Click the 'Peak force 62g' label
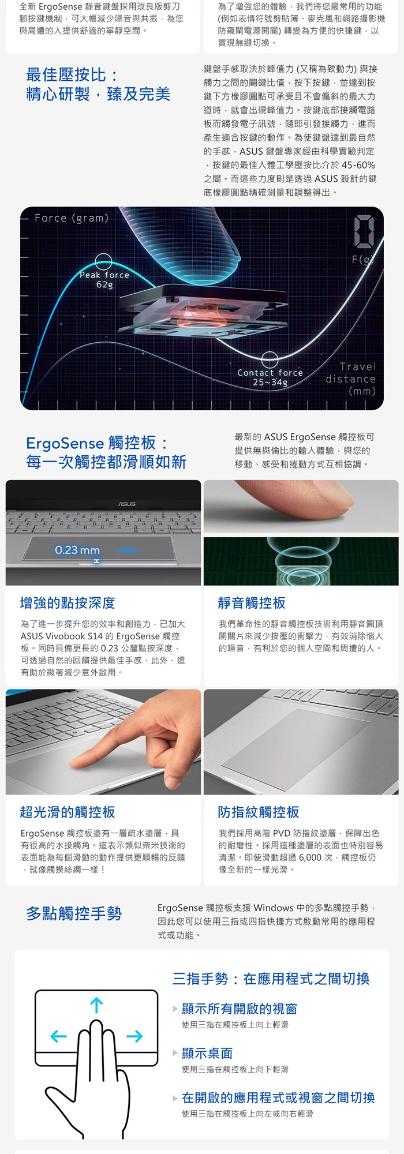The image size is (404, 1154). pyautogui.click(x=104, y=280)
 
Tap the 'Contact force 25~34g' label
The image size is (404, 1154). pyautogui.click(x=270, y=377)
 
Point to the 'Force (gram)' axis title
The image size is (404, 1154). pyautogui.click(x=72, y=218)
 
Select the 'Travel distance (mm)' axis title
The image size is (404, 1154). pyautogui.click(x=351, y=379)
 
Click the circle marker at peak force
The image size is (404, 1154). pyautogui.click(x=103, y=262)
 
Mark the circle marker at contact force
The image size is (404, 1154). pyautogui.click(x=270, y=359)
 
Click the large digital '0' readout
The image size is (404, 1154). pyautogui.click(x=364, y=231)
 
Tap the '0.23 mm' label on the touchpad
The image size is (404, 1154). pyautogui.click(x=77, y=550)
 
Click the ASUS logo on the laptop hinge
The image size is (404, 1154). pyautogui.click(x=127, y=504)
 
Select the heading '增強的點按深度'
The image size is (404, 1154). pyautogui.click(x=68, y=603)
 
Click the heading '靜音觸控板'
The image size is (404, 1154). pyautogui.click(x=252, y=603)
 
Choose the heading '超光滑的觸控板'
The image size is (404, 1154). pyautogui.click(x=68, y=812)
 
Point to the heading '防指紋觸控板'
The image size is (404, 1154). pyautogui.click(x=259, y=812)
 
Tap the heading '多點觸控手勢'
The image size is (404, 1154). pyautogui.click(x=74, y=913)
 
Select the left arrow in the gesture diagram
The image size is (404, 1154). pyautogui.click(x=58, y=1036)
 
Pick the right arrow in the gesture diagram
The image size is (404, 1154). pyautogui.click(x=134, y=1036)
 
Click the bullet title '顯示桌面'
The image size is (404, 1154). pyautogui.click(x=207, y=1053)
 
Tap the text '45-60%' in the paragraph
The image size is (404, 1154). pyautogui.click(x=358, y=165)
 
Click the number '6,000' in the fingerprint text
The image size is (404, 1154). pyautogui.click(x=310, y=857)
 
